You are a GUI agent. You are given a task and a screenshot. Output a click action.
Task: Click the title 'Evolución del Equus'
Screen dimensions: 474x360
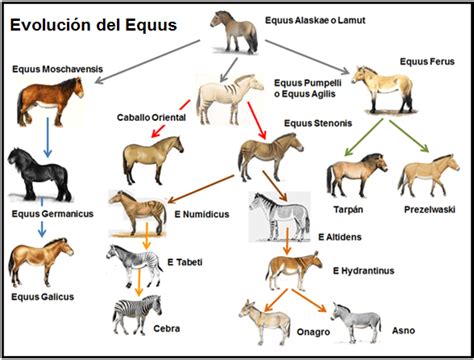(x=93, y=25)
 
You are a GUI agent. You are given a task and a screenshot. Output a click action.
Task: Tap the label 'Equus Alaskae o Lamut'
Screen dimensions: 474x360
(x=315, y=20)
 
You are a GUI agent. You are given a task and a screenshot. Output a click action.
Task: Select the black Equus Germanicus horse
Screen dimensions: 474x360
(x=39, y=174)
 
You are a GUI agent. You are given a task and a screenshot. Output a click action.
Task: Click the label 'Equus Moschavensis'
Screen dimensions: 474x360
(x=58, y=69)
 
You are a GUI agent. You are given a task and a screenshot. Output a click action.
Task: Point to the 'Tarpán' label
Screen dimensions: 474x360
(x=348, y=210)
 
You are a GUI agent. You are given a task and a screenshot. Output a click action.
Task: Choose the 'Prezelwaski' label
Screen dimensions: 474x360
(x=430, y=210)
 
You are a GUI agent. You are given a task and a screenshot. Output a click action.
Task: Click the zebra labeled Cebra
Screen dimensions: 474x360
(x=137, y=315)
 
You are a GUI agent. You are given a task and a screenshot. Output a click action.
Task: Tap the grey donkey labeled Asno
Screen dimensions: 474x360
(x=356, y=323)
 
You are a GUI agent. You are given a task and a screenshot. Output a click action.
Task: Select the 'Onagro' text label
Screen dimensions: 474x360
(x=313, y=332)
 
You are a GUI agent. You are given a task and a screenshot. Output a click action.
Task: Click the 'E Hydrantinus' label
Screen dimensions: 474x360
(x=363, y=271)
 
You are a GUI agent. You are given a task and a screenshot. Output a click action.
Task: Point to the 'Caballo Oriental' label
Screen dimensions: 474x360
(x=151, y=117)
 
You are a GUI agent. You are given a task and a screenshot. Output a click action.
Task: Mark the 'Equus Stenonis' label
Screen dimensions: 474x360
(x=318, y=123)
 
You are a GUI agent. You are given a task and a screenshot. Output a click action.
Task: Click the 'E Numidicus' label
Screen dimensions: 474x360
(x=202, y=214)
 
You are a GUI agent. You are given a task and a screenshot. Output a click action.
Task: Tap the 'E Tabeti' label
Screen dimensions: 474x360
(x=185, y=262)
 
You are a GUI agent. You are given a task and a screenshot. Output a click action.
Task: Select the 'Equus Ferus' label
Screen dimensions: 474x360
(x=427, y=62)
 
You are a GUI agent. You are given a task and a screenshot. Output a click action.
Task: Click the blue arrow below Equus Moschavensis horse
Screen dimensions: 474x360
(x=48, y=137)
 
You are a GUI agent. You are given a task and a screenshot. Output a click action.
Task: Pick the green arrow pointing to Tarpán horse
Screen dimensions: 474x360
(x=364, y=137)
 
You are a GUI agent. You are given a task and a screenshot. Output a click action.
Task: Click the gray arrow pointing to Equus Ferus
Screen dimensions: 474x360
(x=307, y=57)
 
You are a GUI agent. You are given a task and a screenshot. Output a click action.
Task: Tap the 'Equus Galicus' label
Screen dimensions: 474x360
(x=43, y=297)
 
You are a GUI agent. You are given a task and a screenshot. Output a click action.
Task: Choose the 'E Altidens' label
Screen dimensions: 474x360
(x=340, y=237)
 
